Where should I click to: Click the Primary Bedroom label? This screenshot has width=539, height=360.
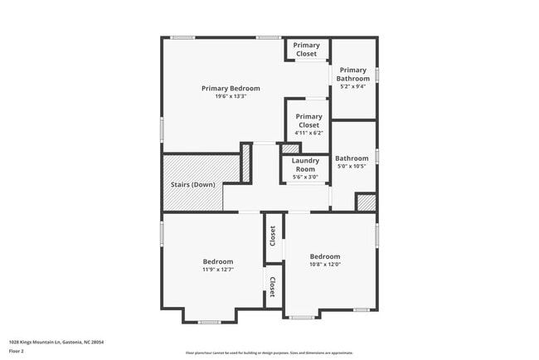pyautogui.click(x=231, y=88)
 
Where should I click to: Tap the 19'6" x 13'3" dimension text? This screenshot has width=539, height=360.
pyautogui.click(x=231, y=96)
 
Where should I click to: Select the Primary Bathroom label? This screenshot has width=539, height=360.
pyautogui.click(x=353, y=74)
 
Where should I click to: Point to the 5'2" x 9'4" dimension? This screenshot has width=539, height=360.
pyautogui.click(x=353, y=86)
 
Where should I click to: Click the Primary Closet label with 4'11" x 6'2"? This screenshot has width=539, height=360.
pyautogui.click(x=308, y=121)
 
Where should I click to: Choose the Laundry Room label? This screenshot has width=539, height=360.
pyautogui.click(x=305, y=164)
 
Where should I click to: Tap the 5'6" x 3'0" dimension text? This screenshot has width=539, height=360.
pyautogui.click(x=305, y=177)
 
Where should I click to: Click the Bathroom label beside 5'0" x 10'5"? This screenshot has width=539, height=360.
pyautogui.click(x=352, y=158)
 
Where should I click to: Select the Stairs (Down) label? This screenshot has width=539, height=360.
pyautogui.click(x=192, y=184)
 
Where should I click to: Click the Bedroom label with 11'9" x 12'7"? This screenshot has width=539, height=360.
pyautogui.click(x=218, y=261)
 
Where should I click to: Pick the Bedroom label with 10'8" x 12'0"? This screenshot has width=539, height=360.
pyautogui.click(x=325, y=256)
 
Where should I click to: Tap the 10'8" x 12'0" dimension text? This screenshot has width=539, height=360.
pyautogui.click(x=325, y=265)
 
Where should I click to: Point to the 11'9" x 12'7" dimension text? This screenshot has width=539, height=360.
pyautogui.click(x=218, y=270)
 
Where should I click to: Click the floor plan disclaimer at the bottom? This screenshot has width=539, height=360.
pyautogui.click(x=269, y=353)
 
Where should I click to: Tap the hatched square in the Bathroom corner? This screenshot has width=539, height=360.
pyautogui.click(x=365, y=202)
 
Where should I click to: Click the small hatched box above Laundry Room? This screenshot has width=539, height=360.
pyautogui.click(x=290, y=149)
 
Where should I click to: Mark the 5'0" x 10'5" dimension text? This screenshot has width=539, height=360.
pyautogui.click(x=352, y=166)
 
